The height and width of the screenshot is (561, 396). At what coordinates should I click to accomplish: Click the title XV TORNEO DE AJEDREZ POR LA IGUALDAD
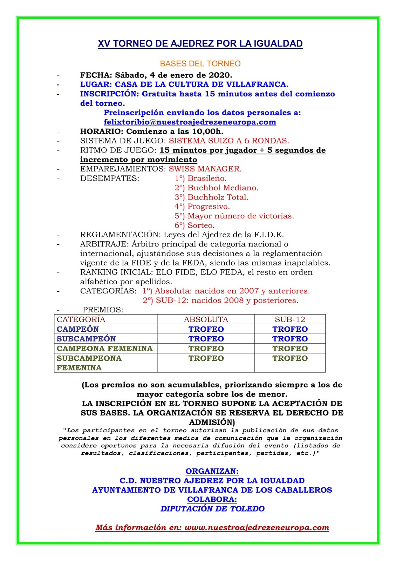point(200,44)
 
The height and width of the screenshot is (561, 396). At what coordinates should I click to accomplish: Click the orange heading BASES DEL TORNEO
point(200,64)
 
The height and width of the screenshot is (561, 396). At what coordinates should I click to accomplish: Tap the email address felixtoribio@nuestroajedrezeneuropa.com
point(190,122)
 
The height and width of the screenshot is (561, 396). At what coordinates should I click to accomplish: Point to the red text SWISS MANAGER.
point(205,169)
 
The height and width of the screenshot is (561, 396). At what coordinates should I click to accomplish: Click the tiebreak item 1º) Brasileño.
point(200,178)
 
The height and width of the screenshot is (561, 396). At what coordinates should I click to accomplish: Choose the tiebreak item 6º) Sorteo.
point(194,225)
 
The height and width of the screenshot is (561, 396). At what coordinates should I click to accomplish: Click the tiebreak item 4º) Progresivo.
point(202,207)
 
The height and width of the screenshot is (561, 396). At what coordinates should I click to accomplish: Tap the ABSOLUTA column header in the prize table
point(206,319)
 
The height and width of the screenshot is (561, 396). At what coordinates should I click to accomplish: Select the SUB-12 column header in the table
point(290,319)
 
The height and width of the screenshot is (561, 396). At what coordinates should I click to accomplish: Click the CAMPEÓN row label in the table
point(78,329)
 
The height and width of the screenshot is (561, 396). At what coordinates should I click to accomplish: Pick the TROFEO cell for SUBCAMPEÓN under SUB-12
point(290,339)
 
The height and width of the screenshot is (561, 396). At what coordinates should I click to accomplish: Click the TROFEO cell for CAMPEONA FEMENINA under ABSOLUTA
point(206,349)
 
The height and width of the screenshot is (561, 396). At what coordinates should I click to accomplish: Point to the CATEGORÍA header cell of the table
point(81,319)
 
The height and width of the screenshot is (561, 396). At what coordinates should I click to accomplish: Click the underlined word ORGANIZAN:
point(212,471)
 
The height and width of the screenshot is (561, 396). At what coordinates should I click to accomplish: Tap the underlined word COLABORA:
point(212,499)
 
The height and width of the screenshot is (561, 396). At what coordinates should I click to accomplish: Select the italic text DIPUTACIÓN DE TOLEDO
point(212,509)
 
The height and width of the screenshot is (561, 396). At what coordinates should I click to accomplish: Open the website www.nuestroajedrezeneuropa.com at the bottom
point(257,528)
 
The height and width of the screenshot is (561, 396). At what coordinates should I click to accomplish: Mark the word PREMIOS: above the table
point(103,310)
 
